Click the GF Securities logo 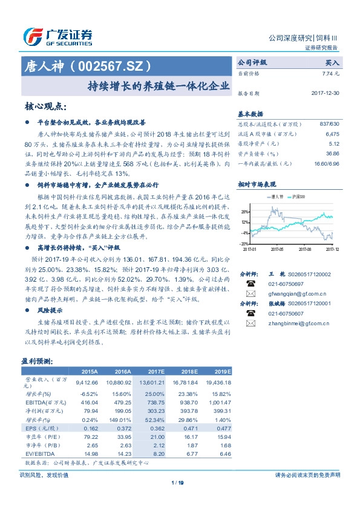pos(57,37)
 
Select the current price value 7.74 pos(332,73)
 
